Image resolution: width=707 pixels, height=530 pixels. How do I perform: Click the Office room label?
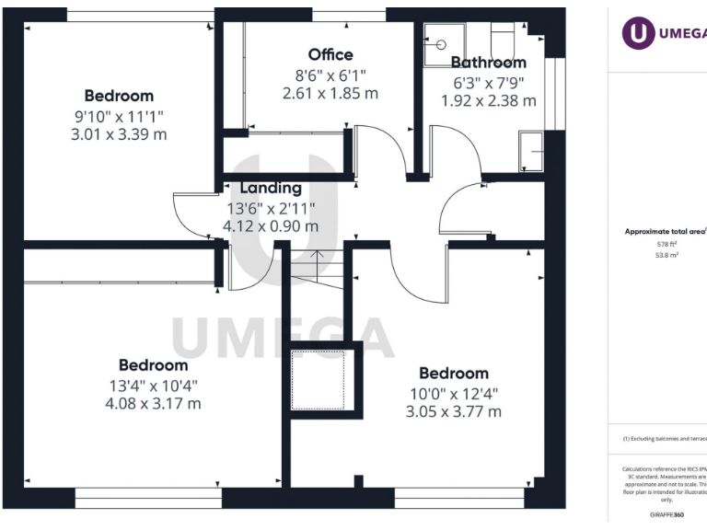pos(330,55)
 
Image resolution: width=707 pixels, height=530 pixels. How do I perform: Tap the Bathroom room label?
pos(488,63)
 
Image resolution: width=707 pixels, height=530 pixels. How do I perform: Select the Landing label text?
pos(271,189)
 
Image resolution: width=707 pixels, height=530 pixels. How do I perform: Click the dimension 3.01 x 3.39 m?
pos(119,134)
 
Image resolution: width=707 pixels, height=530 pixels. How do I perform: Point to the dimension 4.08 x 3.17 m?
pos(153,403)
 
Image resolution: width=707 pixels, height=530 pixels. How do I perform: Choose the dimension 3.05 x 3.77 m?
pos(454,411)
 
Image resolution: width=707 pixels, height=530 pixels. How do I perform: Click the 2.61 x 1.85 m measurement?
pos(330,93)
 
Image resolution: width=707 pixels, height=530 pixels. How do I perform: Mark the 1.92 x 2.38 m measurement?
pos(488,100)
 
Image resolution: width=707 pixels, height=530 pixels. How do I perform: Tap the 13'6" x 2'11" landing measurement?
pos(271,208)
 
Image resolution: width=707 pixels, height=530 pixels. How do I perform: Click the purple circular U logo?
pos(638,33)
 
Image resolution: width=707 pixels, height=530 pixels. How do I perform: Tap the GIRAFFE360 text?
pos(666,515)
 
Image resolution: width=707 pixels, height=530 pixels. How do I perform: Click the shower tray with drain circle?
pos(444,44)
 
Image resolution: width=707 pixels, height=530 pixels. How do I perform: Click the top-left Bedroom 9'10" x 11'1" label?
pos(119,96)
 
